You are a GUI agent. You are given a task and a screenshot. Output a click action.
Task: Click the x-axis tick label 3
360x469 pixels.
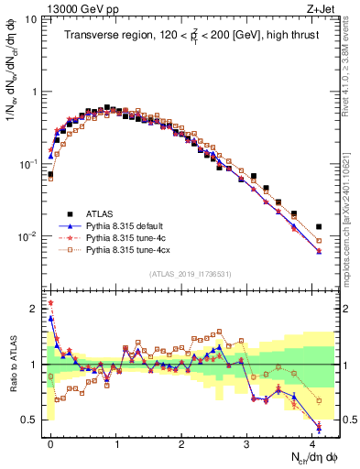pyautogui.click(x=246, y=442)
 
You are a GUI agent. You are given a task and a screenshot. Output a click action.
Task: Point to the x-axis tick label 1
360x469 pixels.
pyautogui.click(x=116, y=442)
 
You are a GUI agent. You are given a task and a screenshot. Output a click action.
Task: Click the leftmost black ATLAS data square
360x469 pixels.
pyautogui.click(x=50, y=174)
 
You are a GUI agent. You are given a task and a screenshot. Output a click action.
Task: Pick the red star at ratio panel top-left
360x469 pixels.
pyautogui.click(x=50, y=302)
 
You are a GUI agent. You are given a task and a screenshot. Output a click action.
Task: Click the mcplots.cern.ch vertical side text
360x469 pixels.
pyautogui.click(x=351, y=229)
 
